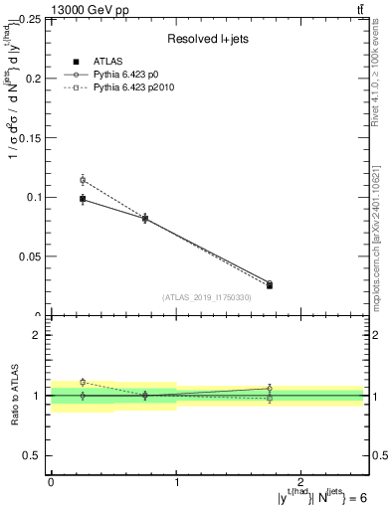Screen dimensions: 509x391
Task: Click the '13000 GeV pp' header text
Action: point(87,10)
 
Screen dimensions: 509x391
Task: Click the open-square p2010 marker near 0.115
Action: point(83,180)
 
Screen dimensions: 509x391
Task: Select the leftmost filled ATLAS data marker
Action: point(83,199)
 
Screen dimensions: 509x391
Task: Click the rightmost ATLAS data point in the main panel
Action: point(270,285)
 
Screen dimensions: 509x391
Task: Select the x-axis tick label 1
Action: point(176,480)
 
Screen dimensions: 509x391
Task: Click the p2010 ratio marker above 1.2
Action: point(83,382)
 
